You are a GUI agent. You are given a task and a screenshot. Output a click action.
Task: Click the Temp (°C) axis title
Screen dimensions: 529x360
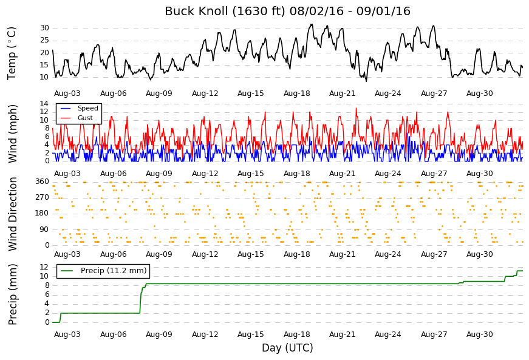point(12,53)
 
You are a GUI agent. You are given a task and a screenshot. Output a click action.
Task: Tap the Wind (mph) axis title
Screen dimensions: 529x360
point(12,134)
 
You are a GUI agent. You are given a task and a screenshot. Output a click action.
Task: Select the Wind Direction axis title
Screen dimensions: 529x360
point(13,214)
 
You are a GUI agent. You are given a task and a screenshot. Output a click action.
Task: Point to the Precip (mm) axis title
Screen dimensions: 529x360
point(12,294)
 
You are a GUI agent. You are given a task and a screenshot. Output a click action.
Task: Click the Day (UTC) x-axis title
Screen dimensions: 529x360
point(287,348)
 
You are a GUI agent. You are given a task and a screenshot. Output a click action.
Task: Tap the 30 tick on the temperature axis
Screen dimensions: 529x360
point(44,28)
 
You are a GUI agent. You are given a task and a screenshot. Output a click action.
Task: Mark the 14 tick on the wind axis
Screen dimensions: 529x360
point(44,104)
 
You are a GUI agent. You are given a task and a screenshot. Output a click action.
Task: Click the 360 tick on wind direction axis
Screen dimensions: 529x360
point(43,182)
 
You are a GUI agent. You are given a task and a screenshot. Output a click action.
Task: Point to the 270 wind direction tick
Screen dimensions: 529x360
point(43,197)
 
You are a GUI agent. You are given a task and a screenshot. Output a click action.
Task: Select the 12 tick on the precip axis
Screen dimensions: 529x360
point(44,267)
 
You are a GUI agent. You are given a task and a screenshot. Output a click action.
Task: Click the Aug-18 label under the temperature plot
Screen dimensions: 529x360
point(296,93)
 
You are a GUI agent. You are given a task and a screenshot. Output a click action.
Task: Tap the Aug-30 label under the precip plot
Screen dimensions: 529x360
point(479,335)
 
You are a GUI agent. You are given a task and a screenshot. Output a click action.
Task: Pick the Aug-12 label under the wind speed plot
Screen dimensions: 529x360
point(205,174)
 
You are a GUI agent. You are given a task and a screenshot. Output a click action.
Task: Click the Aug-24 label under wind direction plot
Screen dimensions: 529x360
point(388,254)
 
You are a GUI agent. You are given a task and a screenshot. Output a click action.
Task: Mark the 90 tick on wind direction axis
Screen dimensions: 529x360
point(44,229)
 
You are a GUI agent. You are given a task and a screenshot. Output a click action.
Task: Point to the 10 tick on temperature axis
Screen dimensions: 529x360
point(44,77)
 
